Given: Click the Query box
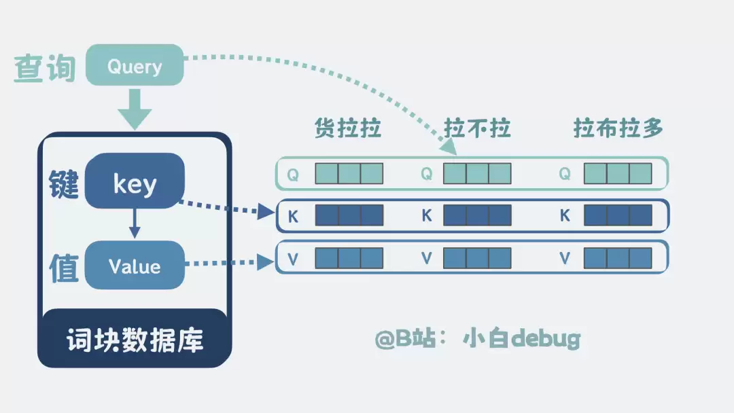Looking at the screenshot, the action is (135, 65).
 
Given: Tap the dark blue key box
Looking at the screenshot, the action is (135, 181).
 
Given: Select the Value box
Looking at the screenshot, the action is (135, 265).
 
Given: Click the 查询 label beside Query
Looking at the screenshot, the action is (45, 69).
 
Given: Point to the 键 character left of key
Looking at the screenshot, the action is (64, 184).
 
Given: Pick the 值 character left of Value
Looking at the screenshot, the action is (64, 268).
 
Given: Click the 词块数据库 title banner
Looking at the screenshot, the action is (135, 339).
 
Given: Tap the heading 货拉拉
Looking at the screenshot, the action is (348, 128).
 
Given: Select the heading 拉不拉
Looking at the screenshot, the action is (477, 128).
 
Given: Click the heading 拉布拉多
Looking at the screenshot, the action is (618, 128).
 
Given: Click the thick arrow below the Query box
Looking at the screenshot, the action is (135, 109).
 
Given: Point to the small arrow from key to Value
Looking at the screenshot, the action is (135, 223).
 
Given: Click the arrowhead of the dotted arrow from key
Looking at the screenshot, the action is (266, 212).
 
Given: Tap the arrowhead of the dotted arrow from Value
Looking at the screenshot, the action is (266, 262).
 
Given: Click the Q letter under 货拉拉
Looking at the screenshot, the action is (293, 175).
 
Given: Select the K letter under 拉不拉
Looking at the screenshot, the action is (427, 215).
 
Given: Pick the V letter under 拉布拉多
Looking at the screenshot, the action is (565, 258).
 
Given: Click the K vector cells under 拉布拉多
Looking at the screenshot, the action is (618, 215).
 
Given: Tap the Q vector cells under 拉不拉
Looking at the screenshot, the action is (477, 173).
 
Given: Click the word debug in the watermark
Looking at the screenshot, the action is (546, 338).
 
